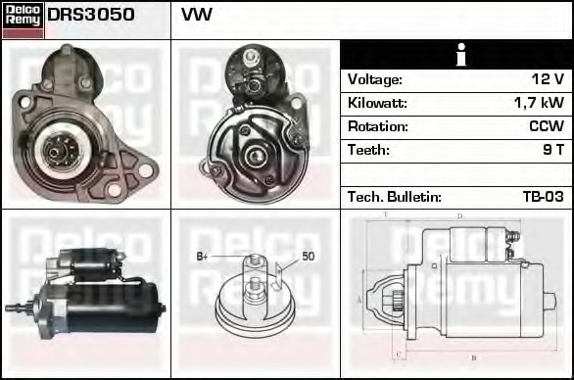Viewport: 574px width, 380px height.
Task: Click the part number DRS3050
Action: click(x=91, y=16)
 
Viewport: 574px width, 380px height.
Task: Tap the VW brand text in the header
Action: click(x=197, y=16)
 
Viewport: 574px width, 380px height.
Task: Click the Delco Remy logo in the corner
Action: click(x=23, y=19)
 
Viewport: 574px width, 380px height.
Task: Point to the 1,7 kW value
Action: click(x=539, y=103)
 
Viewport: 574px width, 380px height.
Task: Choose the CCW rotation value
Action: click(x=547, y=126)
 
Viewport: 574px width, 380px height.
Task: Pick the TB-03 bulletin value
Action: click(x=543, y=197)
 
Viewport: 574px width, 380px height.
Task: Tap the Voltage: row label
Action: click(x=375, y=79)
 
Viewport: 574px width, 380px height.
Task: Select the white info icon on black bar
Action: click(x=457, y=55)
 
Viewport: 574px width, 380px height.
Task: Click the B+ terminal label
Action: click(x=203, y=257)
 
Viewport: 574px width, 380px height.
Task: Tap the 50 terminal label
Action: click(x=308, y=257)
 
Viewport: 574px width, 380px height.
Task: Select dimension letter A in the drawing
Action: click(x=360, y=298)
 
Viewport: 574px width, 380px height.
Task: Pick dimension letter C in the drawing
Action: click(x=397, y=354)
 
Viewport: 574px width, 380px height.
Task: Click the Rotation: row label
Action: click(x=377, y=126)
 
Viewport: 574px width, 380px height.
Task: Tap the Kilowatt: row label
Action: click(x=377, y=103)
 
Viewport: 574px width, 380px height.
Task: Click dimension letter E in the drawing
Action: click(x=386, y=214)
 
